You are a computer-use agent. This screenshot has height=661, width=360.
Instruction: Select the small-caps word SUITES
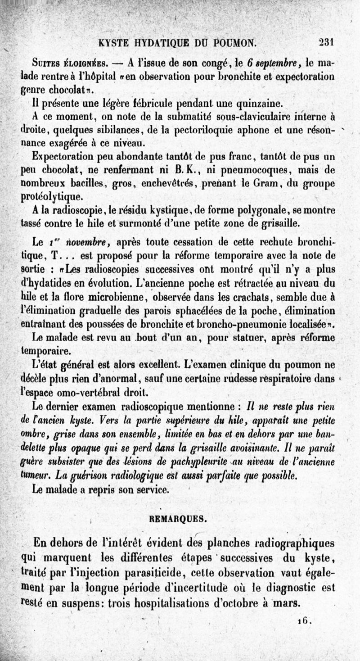click(x=45, y=63)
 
